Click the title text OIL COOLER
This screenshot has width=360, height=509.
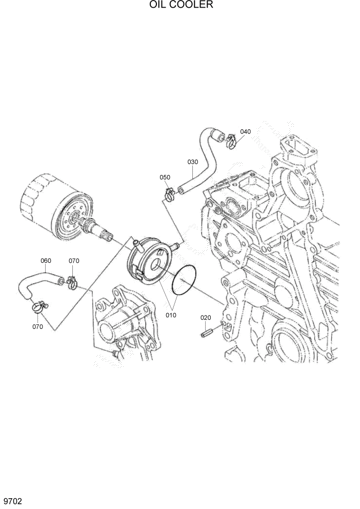181,6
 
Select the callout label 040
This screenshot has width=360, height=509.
245,132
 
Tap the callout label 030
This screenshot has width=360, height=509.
192,162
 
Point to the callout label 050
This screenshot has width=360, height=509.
165,177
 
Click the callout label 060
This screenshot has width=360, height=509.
46,261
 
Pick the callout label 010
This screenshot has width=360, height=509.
171,315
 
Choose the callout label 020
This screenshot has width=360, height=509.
206,318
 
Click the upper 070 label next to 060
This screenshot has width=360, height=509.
74,261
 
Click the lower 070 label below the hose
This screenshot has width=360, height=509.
37,326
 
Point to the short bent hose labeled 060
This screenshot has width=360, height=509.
36,285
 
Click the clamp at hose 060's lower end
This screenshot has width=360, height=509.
38,307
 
